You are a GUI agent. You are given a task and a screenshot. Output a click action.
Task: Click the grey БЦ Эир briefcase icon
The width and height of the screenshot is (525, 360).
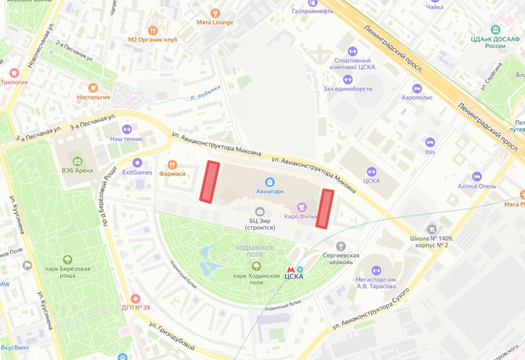pyautogui.click(x=260, y=211)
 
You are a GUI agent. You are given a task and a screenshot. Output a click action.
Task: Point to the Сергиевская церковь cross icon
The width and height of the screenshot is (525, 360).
pyautogui.click(x=341, y=246)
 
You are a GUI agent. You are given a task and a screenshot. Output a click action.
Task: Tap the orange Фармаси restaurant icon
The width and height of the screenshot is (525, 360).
pyautogui.click(x=172, y=165)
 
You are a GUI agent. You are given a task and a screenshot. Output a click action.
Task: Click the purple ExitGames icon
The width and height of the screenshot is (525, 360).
pyautogui.click(x=137, y=163)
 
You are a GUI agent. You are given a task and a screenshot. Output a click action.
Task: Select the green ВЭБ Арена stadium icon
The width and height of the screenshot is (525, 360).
pyautogui.click(x=77, y=161)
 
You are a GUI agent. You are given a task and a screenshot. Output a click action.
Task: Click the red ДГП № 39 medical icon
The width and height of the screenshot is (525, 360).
pyautogui.click(x=136, y=299)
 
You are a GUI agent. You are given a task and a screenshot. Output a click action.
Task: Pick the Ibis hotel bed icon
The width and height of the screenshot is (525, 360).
pyautogui.click(x=430, y=143)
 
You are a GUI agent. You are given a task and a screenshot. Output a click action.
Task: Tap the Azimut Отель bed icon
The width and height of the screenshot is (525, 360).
pyautogui.click(x=476, y=177)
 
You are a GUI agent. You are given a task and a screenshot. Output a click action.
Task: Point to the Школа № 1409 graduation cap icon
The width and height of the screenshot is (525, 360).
pyautogui.click(x=431, y=229)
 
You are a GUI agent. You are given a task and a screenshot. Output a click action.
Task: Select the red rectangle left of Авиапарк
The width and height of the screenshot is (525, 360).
pyautogui.click(x=210, y=182)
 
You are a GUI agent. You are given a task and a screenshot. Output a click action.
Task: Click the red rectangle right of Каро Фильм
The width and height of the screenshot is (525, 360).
pyautogui.click(x=324, y=208)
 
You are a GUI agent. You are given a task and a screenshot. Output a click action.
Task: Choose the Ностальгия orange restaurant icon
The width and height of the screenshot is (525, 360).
pyautogui.click(x=93, y=88)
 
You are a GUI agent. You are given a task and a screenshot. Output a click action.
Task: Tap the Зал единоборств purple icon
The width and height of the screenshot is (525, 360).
pyautogui.click(x=347, y=79)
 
